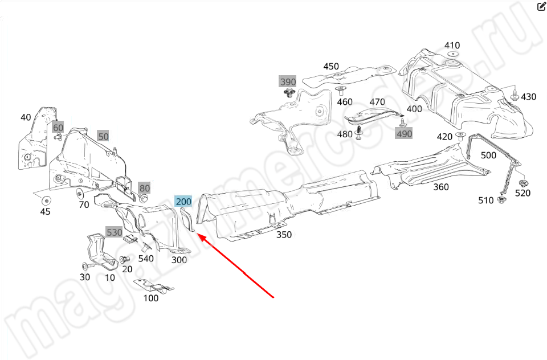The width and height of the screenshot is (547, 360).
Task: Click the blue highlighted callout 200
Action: coord(183,201)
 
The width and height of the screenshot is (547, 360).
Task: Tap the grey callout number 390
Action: coord(288,82)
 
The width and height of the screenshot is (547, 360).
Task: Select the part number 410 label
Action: coord(452,46)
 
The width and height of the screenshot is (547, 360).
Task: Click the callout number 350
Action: coord(284,234)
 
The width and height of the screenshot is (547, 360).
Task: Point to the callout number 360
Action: coord(440,187)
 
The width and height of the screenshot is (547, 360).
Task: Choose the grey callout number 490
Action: coord(403,133)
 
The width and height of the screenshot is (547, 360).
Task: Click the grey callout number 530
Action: coord(114,232)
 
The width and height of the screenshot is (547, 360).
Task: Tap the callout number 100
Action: coord(151,298)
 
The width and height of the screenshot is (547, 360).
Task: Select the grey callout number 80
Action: coord(145,188)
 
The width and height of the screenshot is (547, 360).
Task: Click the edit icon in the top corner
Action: coord(541,7)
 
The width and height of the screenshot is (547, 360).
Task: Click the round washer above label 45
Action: coord(46,200)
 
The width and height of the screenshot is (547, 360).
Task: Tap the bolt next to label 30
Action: coord(87,266)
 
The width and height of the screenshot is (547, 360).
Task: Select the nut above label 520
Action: coord(523,183)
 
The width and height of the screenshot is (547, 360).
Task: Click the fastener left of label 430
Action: coord(514,96)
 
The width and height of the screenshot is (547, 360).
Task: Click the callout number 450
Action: coord(331,67)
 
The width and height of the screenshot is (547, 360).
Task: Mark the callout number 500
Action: coord(488,156)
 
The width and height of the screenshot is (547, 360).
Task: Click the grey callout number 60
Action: coord(58,128)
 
